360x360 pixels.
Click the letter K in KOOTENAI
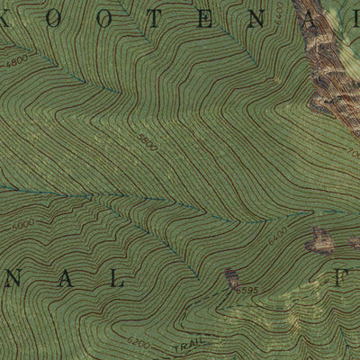[x=11, y=20]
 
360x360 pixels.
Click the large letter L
[x=117, y=280]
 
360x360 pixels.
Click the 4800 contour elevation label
[x=17, y=64]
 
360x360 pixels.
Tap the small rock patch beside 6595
[x=231, y=278]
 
